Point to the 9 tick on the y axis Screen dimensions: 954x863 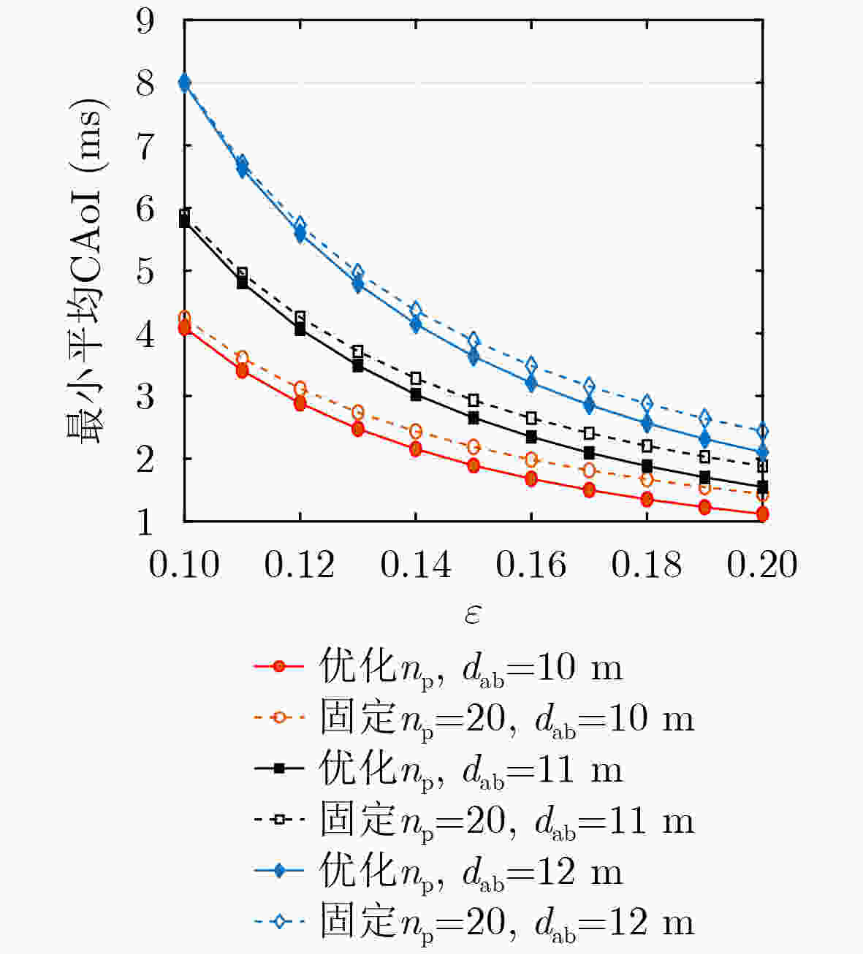[145, 21]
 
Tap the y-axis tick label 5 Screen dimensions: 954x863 [145, 272]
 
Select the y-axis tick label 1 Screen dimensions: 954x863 [145, 522]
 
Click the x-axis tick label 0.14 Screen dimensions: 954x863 [416, 565]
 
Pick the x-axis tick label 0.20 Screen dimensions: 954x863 [762, 565]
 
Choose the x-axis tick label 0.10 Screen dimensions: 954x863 [184, 565]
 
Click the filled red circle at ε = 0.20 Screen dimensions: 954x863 [762, 514]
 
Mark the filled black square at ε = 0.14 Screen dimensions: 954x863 [416, 394]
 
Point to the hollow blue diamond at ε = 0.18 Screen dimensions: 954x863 [647, 403]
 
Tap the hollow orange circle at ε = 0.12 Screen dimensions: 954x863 [300, 389]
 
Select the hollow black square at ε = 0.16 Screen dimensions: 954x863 [531, 418]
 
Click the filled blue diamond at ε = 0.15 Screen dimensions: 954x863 [474, 356]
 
